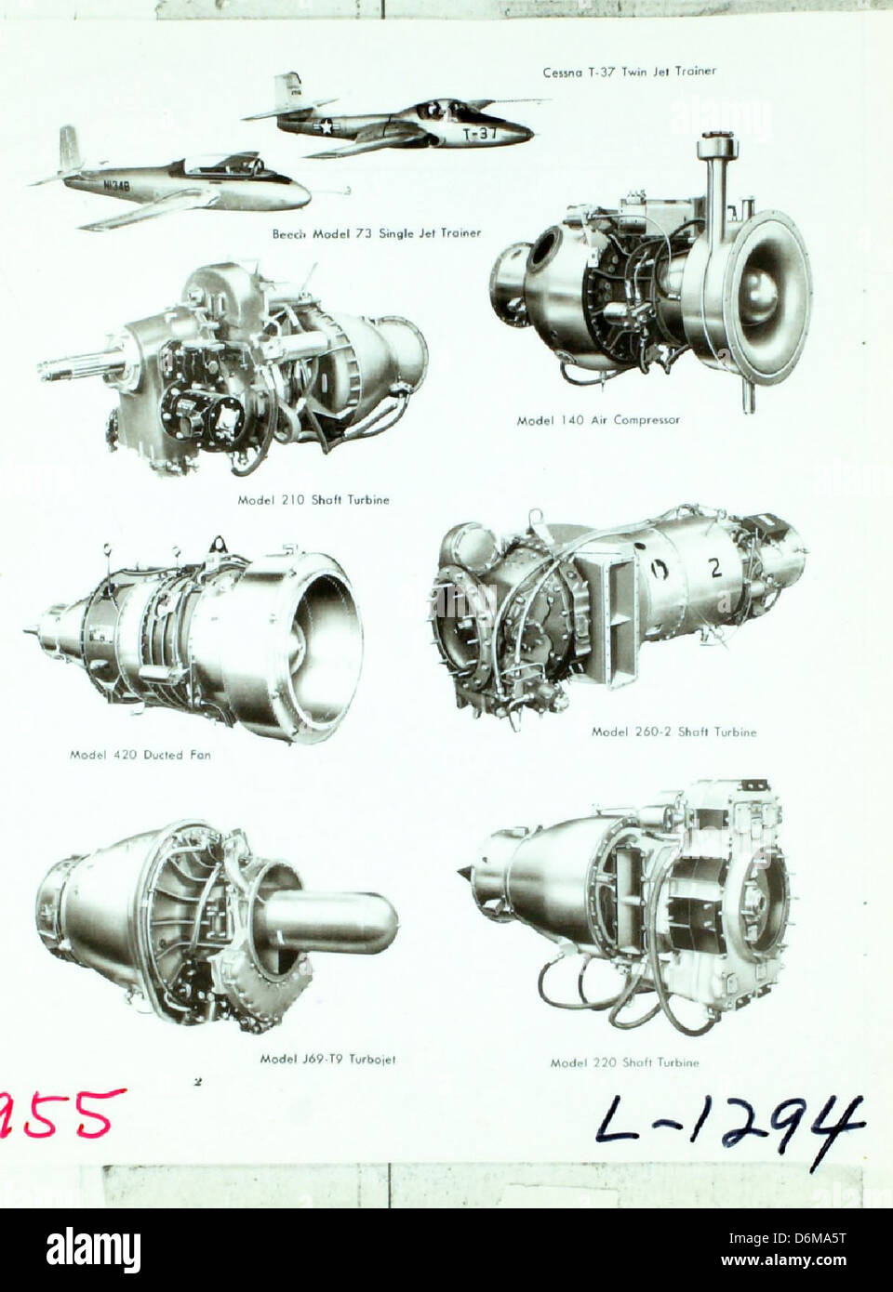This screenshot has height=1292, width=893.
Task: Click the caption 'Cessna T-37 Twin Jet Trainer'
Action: click(629, 72)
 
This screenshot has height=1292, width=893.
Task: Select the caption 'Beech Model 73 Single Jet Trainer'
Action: click(376, 233)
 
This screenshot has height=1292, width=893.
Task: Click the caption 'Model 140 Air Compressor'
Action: click(598, 420)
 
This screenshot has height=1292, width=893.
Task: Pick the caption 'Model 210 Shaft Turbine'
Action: click(313, 500)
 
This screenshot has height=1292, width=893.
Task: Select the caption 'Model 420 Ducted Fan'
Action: click(140, 755)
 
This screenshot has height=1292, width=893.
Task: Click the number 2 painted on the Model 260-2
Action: click(715, 570)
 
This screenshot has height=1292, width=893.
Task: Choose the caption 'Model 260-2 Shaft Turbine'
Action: click(673, 732)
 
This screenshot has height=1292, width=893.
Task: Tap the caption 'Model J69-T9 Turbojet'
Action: click(327, 1059)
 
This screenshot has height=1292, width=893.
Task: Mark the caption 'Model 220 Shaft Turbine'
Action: click(623, 1062)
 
